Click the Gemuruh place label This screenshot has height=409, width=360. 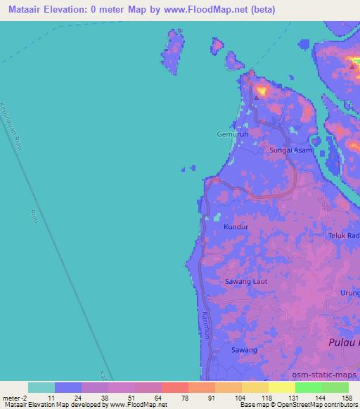click(232, 134)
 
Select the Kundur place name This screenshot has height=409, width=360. click(236, 227)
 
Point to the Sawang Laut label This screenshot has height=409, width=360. click(245, 282)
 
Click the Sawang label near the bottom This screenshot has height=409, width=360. click(244, 349)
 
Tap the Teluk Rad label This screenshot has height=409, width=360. click(344, 236)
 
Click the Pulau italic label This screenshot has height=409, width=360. click(344, 342)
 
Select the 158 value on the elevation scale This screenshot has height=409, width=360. click(347, 397)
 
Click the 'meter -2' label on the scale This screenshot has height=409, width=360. click(15, 397)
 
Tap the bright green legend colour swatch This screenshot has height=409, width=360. click(308, 387)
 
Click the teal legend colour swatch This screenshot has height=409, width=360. click(41, 387)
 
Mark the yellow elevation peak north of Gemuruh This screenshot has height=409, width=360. click(262, 90)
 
